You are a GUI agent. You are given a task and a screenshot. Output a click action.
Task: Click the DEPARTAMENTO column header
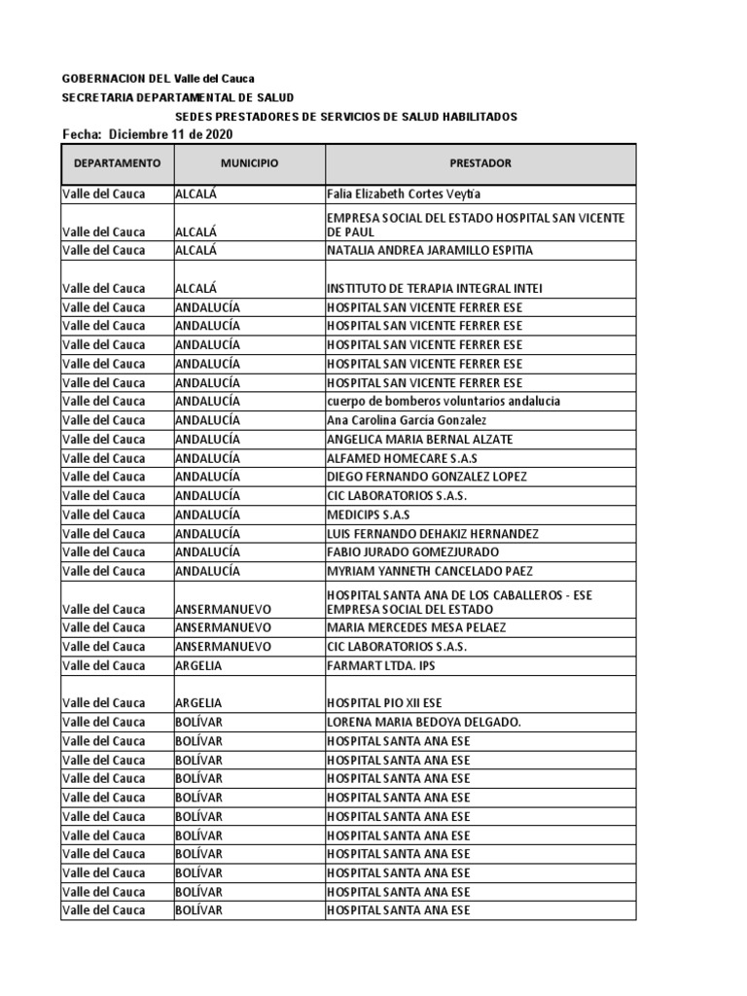coord(117,163)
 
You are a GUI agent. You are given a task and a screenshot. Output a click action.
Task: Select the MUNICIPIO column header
coord(249,163)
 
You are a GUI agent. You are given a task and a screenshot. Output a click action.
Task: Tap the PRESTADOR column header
coord(480,163)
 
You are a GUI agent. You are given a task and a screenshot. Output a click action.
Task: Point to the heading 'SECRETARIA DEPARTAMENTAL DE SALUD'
coord(177,97)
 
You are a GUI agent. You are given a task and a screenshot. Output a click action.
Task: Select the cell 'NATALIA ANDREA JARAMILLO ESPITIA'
coord(430,250)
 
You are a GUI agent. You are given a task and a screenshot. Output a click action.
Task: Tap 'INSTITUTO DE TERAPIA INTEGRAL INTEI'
coord(434,288)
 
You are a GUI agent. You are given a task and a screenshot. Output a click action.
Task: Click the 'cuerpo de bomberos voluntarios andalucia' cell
coord(444,401)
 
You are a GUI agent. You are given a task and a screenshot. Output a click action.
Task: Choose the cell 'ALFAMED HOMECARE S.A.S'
coord(403,458)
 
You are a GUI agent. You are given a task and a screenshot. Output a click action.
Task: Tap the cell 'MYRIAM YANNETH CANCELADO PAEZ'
coord(429,571)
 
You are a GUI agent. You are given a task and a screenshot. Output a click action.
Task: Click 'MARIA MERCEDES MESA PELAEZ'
coord(416,627)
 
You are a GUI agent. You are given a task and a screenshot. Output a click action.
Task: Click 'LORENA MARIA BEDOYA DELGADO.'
coord(424,722)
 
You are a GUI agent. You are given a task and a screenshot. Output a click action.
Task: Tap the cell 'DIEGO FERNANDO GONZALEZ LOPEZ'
coord(427,477)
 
